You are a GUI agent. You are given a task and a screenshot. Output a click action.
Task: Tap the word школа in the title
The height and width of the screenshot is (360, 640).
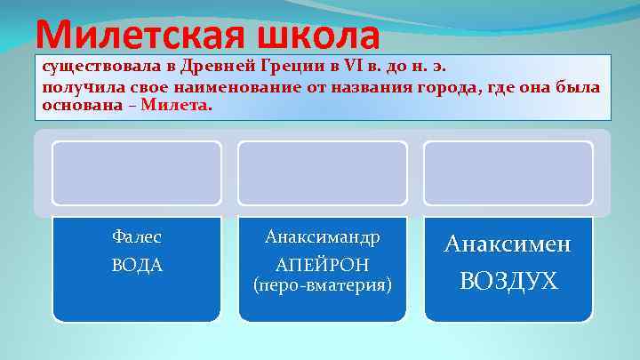click(x=317, y=36)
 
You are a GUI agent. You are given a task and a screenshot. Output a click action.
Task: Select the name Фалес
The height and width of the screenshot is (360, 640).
click(x=137, y=237)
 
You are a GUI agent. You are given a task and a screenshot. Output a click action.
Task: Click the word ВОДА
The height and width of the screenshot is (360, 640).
click(x=137, y=265)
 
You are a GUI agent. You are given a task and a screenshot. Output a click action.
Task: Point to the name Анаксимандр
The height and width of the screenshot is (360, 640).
click(x=323, y=237)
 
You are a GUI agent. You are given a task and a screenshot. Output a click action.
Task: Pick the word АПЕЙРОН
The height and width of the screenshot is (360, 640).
click(x=323, y=265)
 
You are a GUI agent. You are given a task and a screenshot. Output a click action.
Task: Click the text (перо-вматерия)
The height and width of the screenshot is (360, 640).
click(x=323, y=286)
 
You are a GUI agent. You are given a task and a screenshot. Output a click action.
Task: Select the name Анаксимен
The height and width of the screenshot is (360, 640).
click(x=508, y=244)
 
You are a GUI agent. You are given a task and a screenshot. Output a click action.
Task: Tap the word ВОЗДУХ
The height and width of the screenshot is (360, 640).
click(x=508, y=281)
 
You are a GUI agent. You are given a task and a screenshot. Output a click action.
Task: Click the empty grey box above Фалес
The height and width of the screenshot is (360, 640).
click(x=137, y=172)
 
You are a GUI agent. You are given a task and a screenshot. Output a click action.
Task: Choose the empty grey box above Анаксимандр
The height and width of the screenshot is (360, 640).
click(x=323, y=172)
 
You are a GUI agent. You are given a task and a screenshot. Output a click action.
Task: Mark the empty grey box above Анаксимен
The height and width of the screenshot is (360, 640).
click(x=508, y=172)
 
